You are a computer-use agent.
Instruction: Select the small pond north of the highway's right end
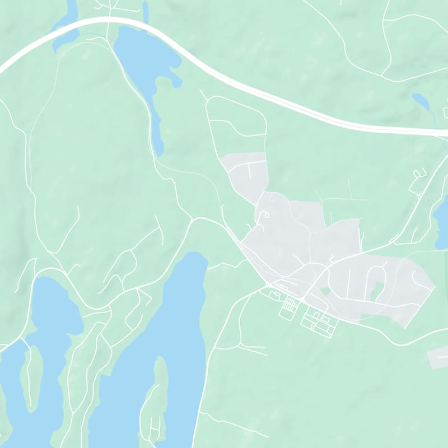pyautogui.click(x=421, y=101)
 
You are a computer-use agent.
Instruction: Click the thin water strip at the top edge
pyautogui.click(x=146, y=10)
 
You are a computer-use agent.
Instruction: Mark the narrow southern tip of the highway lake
pyautogui.click(x=158, y=140)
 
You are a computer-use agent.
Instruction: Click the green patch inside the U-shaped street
pyautogui.click(x=377, y=290)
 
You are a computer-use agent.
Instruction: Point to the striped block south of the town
pyautogui.click(x=289, y=306)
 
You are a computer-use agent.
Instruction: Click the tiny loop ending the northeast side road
pyautogui.click(x=417, y=174)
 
